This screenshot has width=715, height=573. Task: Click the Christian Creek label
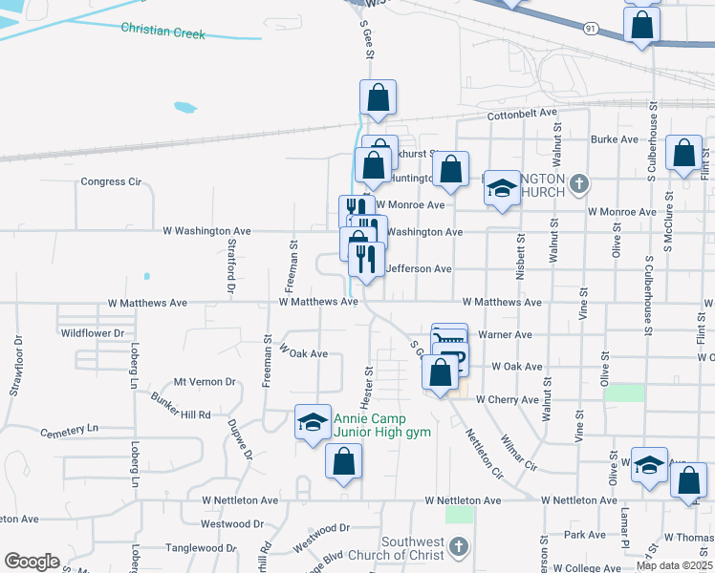pos(162,32)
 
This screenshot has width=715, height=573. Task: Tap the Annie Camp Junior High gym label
pos(382,426)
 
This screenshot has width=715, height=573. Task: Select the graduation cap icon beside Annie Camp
pos(312,421)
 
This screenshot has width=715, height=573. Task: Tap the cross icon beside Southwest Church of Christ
pos(458,547)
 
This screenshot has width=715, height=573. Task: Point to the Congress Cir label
pos(111,181)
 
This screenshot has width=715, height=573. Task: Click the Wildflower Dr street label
pos(93,333)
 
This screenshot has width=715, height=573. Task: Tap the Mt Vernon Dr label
pos(205,382)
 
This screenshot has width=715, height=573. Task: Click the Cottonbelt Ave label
pos(522,113)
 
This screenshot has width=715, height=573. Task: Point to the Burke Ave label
pos(614,139)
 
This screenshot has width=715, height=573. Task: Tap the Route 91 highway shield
pos(592,30)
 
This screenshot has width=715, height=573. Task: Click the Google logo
pos(32,562)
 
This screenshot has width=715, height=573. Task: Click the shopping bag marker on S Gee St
pos(378,97)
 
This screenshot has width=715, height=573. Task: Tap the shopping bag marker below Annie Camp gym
pos(343,461)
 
